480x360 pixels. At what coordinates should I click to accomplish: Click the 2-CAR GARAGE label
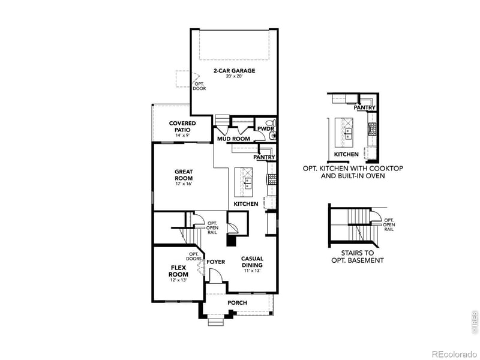click(x=234, y=71)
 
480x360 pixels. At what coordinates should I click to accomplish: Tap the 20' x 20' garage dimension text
click(x=234, y=77)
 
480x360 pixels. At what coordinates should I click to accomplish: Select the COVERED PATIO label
click(x=182, y=126)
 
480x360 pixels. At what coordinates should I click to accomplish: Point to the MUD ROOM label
click(x=233, y=139)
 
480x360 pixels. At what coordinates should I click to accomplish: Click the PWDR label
click(x=265, y=128)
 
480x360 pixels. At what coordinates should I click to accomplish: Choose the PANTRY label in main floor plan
click(x=264, y=157)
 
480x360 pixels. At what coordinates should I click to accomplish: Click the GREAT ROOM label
click(x=183, y=175)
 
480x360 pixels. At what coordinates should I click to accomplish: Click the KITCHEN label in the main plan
click(x=246, y=204)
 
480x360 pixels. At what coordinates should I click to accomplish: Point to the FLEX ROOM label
click(x=178, y=271)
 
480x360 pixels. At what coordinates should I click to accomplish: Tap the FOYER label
click(x=216, y=262)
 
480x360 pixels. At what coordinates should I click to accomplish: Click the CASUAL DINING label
click(x=253, y=262)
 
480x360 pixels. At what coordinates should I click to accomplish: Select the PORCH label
click(x=237, y=303)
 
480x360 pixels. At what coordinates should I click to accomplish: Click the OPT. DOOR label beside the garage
click(x=199, y=86)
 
